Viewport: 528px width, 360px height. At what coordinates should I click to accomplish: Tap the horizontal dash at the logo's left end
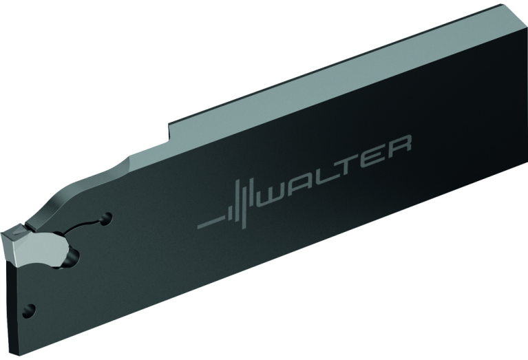tap(211, 223)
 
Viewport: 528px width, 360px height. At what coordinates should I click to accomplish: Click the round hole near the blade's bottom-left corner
tap(30, 311)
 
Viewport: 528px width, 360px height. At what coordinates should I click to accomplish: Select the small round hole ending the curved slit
tap(107, 218)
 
